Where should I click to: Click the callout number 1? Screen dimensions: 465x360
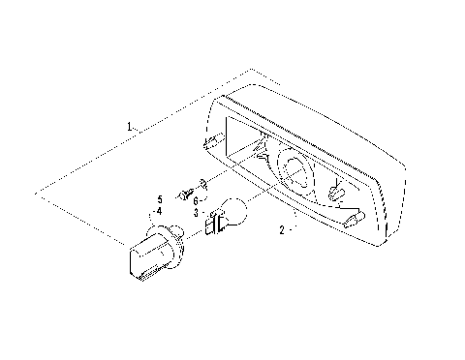click(x=130, y=126)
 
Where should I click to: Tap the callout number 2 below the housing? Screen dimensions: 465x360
click(x=281, y=230)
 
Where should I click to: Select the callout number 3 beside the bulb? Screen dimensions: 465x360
click(x=196, y=213)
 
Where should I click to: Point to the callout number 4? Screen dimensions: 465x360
click(x=158, y=210)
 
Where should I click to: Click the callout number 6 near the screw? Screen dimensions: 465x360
click(x=197, y=200)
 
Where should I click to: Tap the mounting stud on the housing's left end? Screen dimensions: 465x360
click(x=210, y=143)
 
